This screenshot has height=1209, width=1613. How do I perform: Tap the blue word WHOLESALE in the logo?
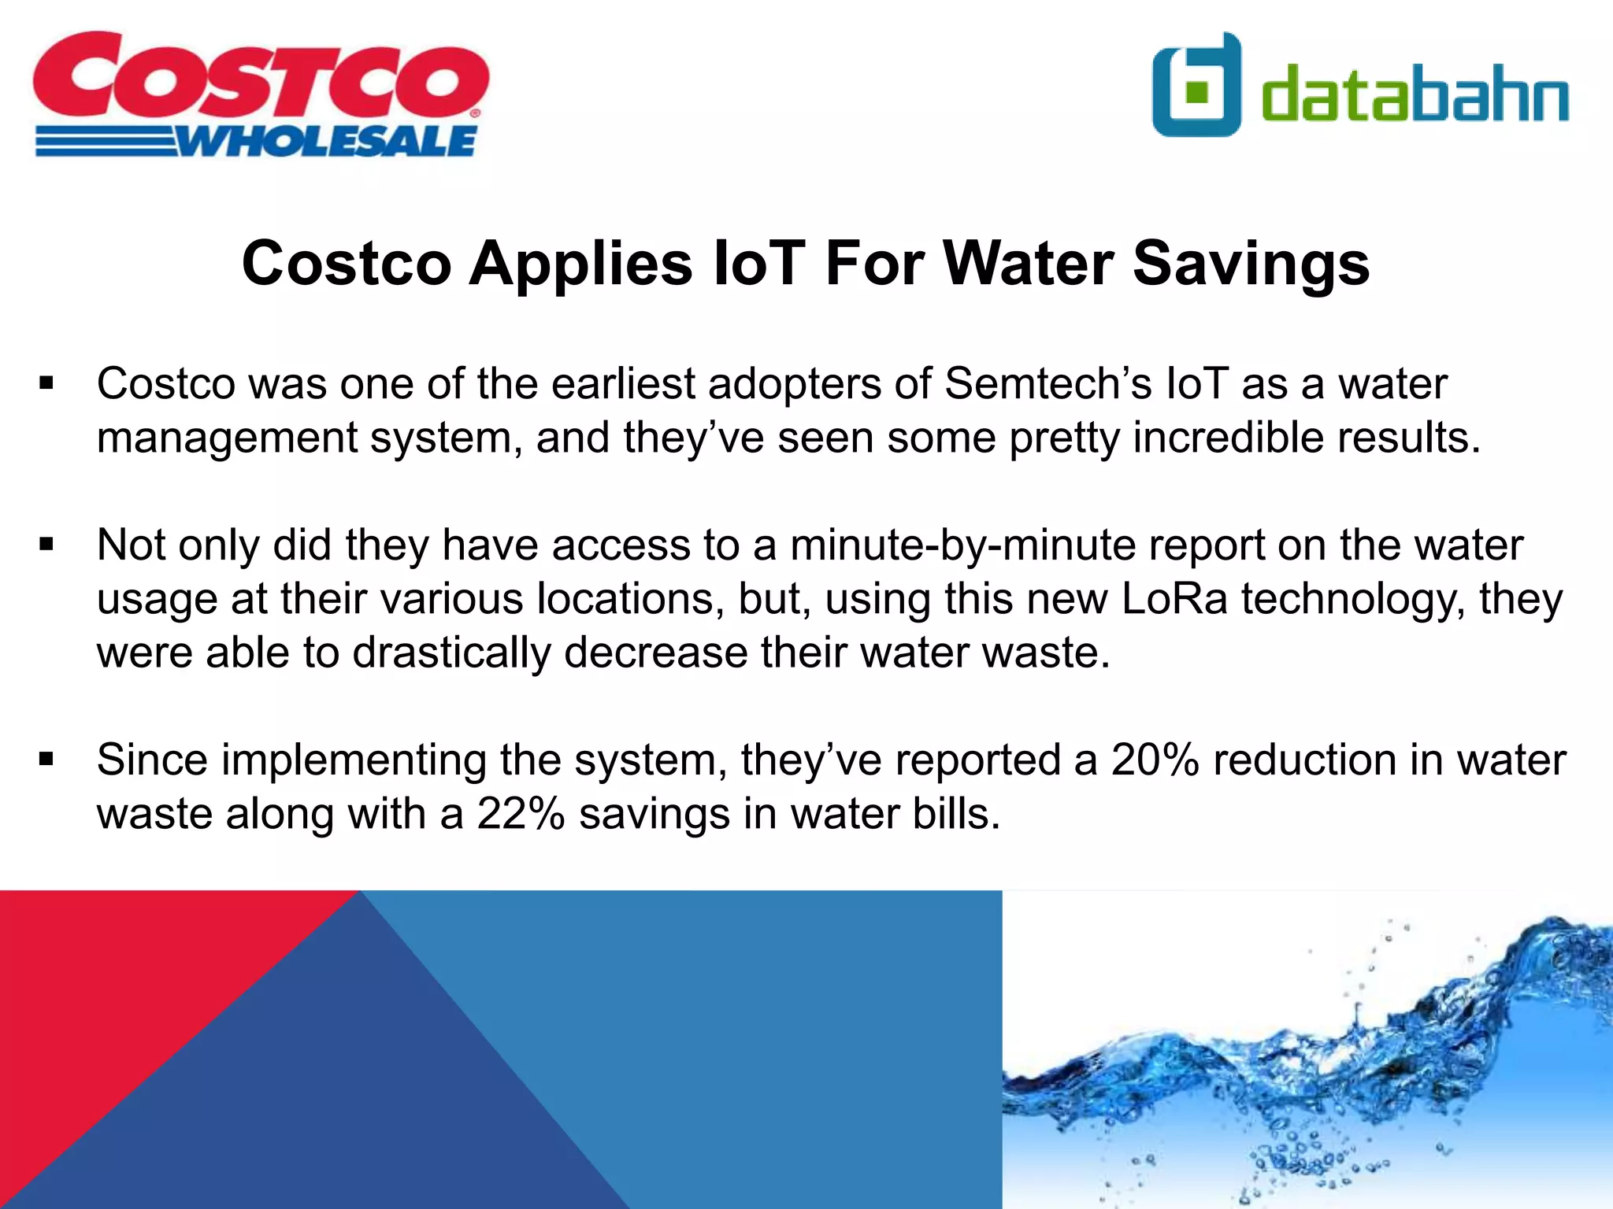(327, 142)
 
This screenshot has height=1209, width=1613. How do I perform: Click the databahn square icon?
(1196, 85)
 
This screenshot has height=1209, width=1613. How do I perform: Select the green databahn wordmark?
(1415, 94)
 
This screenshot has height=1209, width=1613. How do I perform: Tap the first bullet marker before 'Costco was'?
(46, 384)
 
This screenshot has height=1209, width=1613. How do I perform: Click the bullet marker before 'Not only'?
(46, 545)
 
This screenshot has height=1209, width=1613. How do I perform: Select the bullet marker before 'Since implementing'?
(46, 760)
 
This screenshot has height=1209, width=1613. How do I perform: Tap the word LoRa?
(1174, 599)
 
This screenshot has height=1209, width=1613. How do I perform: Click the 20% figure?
(1155, 760)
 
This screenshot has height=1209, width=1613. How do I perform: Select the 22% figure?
(521, 814)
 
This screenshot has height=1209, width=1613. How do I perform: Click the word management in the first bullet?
(227, 439)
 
